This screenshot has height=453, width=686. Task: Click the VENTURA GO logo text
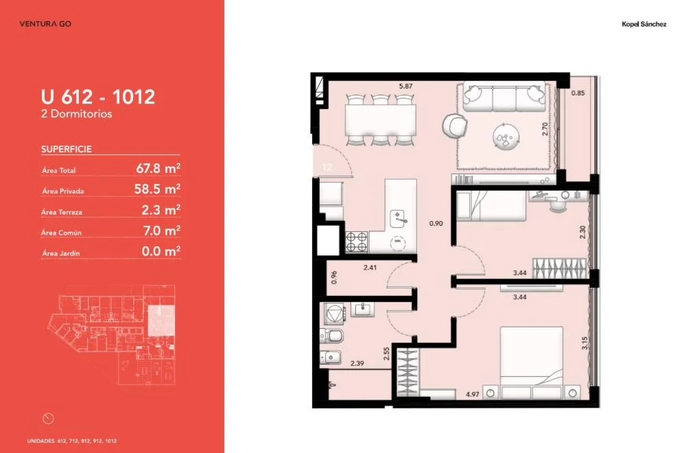click(45, 23)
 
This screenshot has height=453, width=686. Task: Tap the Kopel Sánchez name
click(644, 24)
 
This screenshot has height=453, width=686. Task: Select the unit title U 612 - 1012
click(98, 97)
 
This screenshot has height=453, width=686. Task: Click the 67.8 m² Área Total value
click(158, 168)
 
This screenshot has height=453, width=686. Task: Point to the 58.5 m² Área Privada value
click(157, 189)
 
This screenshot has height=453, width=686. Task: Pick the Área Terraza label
click(62, 212)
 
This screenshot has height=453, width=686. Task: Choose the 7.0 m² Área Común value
click(161, 230)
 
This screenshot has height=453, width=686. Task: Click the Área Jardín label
click(61, 253)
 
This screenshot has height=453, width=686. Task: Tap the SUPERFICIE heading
click(67, 149)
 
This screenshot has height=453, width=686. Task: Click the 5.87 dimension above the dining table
click(405, 86)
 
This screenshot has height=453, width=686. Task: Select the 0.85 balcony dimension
click(578, 93)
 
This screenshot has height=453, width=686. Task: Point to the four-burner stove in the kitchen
click(357, 242)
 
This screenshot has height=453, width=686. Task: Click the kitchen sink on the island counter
click(399, 219)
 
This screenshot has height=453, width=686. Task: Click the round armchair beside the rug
click(455, 126)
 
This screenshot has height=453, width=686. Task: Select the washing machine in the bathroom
click(335, 314)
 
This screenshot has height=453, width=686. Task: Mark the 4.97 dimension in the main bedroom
click(473, 394)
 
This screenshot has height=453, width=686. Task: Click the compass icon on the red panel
click(48, 419)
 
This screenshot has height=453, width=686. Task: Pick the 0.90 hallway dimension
click(436, 223)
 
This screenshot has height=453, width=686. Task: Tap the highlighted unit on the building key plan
click(161, 321)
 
